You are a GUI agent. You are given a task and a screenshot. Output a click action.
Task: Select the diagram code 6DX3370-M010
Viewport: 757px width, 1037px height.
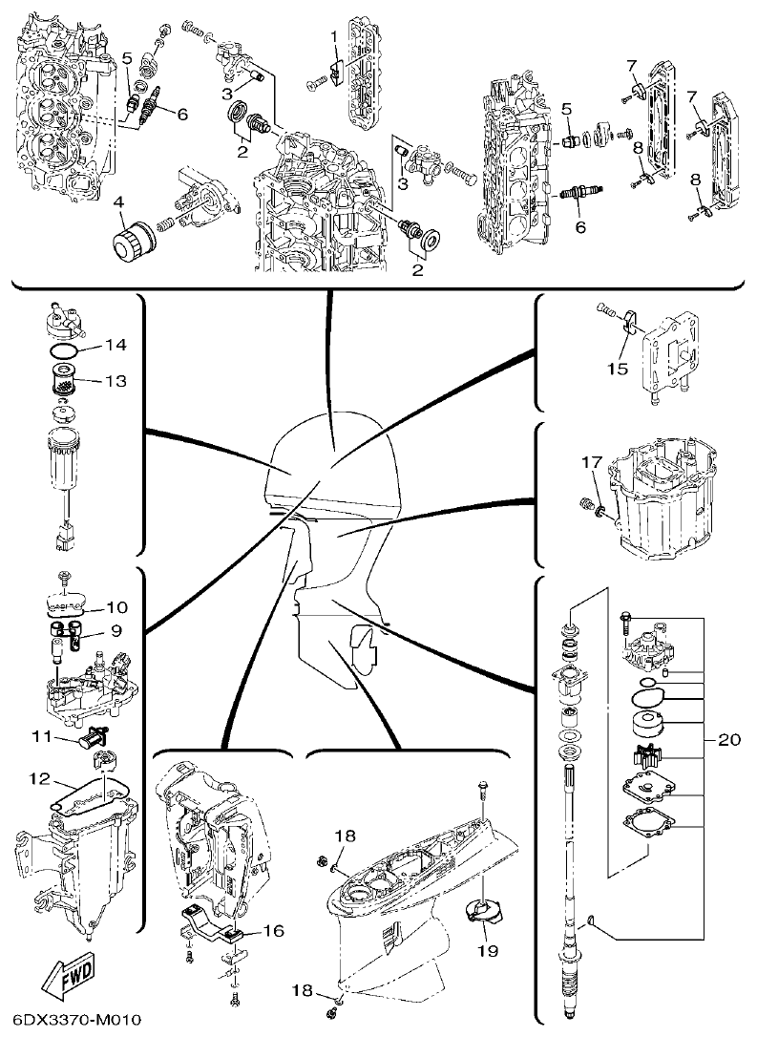click(x=73, y=1020)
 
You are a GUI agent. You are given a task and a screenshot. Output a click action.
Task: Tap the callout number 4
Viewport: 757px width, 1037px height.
click(x=117, y=201)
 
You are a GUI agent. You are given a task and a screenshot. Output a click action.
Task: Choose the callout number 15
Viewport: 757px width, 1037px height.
click(x=619, y=367)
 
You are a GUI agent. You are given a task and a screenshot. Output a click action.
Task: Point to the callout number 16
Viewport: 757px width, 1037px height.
click(x=273, y=929)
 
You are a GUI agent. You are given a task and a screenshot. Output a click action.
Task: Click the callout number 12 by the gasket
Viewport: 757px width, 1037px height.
click(x=38, y=780)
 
